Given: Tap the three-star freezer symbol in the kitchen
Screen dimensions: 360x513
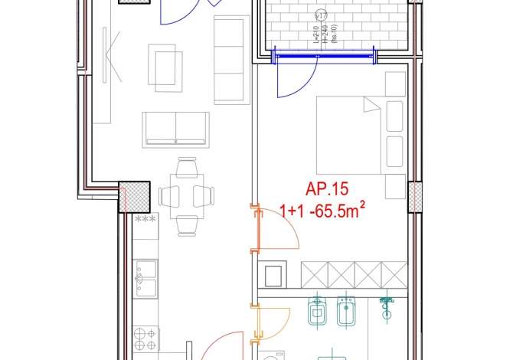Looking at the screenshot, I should [145, 220].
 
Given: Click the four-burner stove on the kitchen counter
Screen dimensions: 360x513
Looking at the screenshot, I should [146, 336].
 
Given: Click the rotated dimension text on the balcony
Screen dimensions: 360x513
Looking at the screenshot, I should [322, 29].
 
